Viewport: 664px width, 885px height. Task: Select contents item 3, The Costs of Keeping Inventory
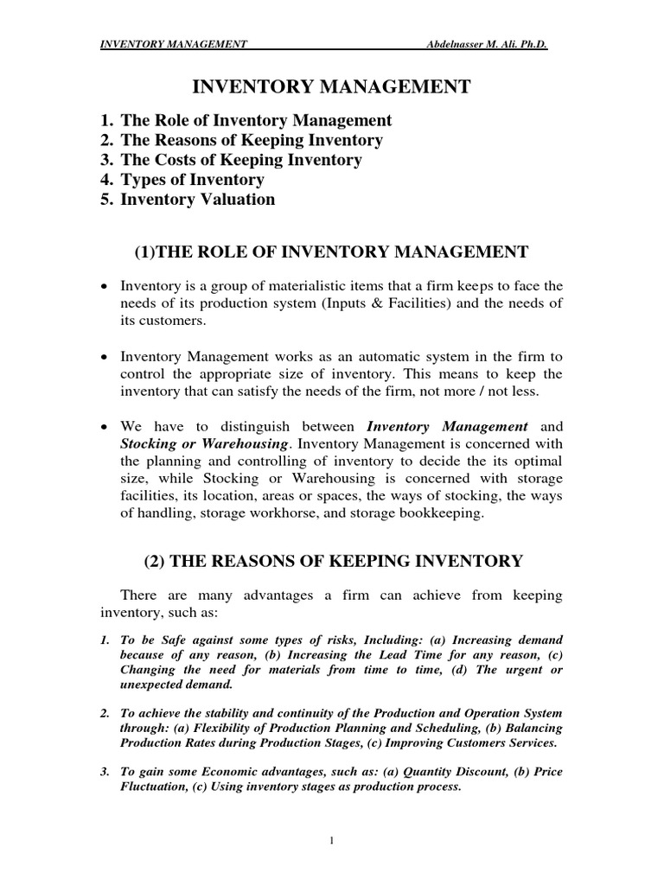coord(231,160)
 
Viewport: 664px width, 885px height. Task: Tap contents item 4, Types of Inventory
coord(182,180)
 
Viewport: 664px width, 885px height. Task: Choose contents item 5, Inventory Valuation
coord(187,200)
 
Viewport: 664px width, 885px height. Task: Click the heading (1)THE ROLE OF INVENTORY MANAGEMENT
coord(331,251)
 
